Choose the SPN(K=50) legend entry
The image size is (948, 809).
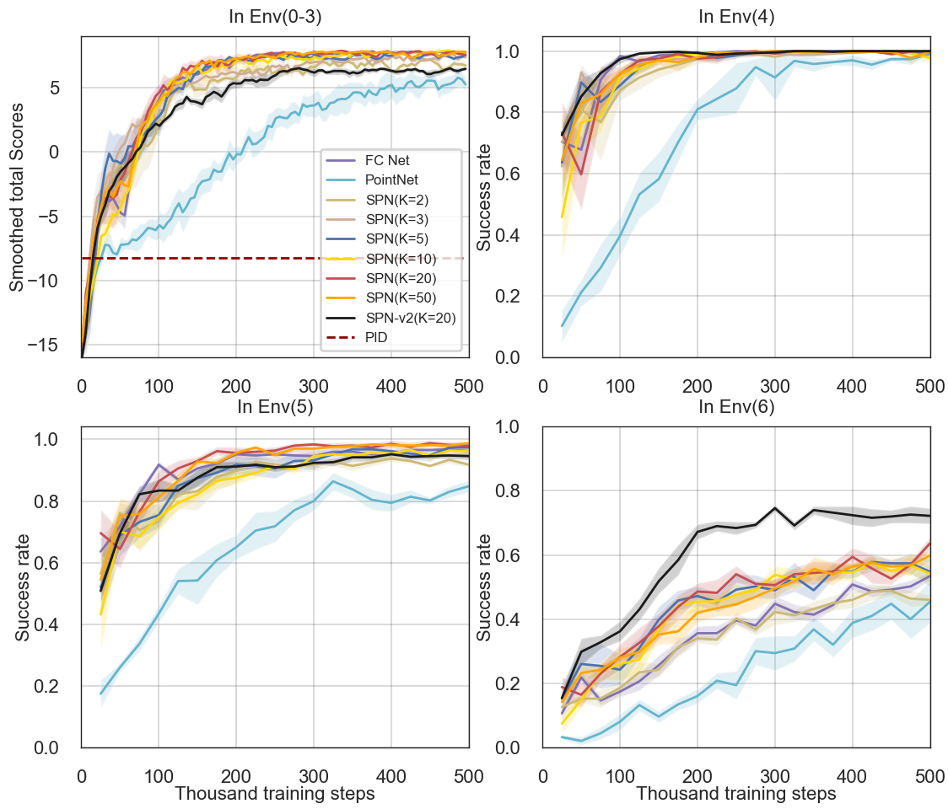[401, 297]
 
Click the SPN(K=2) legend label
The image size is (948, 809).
[397, 199]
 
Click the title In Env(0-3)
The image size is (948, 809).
[275, 17]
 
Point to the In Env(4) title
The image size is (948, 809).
[736, 17]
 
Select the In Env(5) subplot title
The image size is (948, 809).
[275, 407]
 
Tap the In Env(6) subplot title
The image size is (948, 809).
[736, 407]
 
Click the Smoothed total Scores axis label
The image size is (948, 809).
[17, 197]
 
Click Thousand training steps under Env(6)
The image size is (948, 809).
[736, 794]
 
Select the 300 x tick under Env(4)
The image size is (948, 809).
[775, 386]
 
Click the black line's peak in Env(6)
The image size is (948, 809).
[774, 508]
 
